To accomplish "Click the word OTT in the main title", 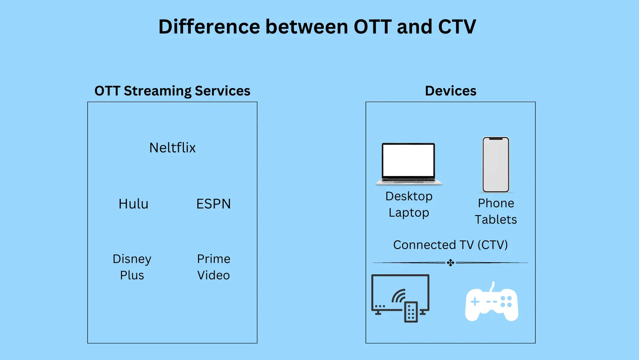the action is [x=372, y=26].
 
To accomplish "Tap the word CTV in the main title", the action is [x=457, y=26].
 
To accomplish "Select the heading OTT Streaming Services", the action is [x=172, y=91].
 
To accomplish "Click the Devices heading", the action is [x=450, y=91].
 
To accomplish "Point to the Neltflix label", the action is [x=172, y=148].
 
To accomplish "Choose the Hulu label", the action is [x=134, y=204].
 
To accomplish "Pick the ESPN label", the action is [x=214, y=204].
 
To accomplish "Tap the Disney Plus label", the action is [x=132, y=267].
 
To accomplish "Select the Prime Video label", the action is [x=214, y=267].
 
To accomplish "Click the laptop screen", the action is [x=408, y=160].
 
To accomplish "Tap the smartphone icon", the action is [x=496, y=164].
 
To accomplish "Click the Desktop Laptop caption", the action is [x=409, y=204].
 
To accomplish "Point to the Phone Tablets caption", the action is [x=496, y=212].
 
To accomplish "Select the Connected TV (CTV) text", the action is [x=450, y=245].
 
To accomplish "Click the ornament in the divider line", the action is [x=450, y=263].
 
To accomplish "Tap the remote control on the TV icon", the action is [x=411, y=312].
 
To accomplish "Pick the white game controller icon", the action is [x=491, y=302].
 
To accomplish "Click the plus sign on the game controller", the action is [x=475, y=302].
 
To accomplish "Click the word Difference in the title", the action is [x=209, y=26].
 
